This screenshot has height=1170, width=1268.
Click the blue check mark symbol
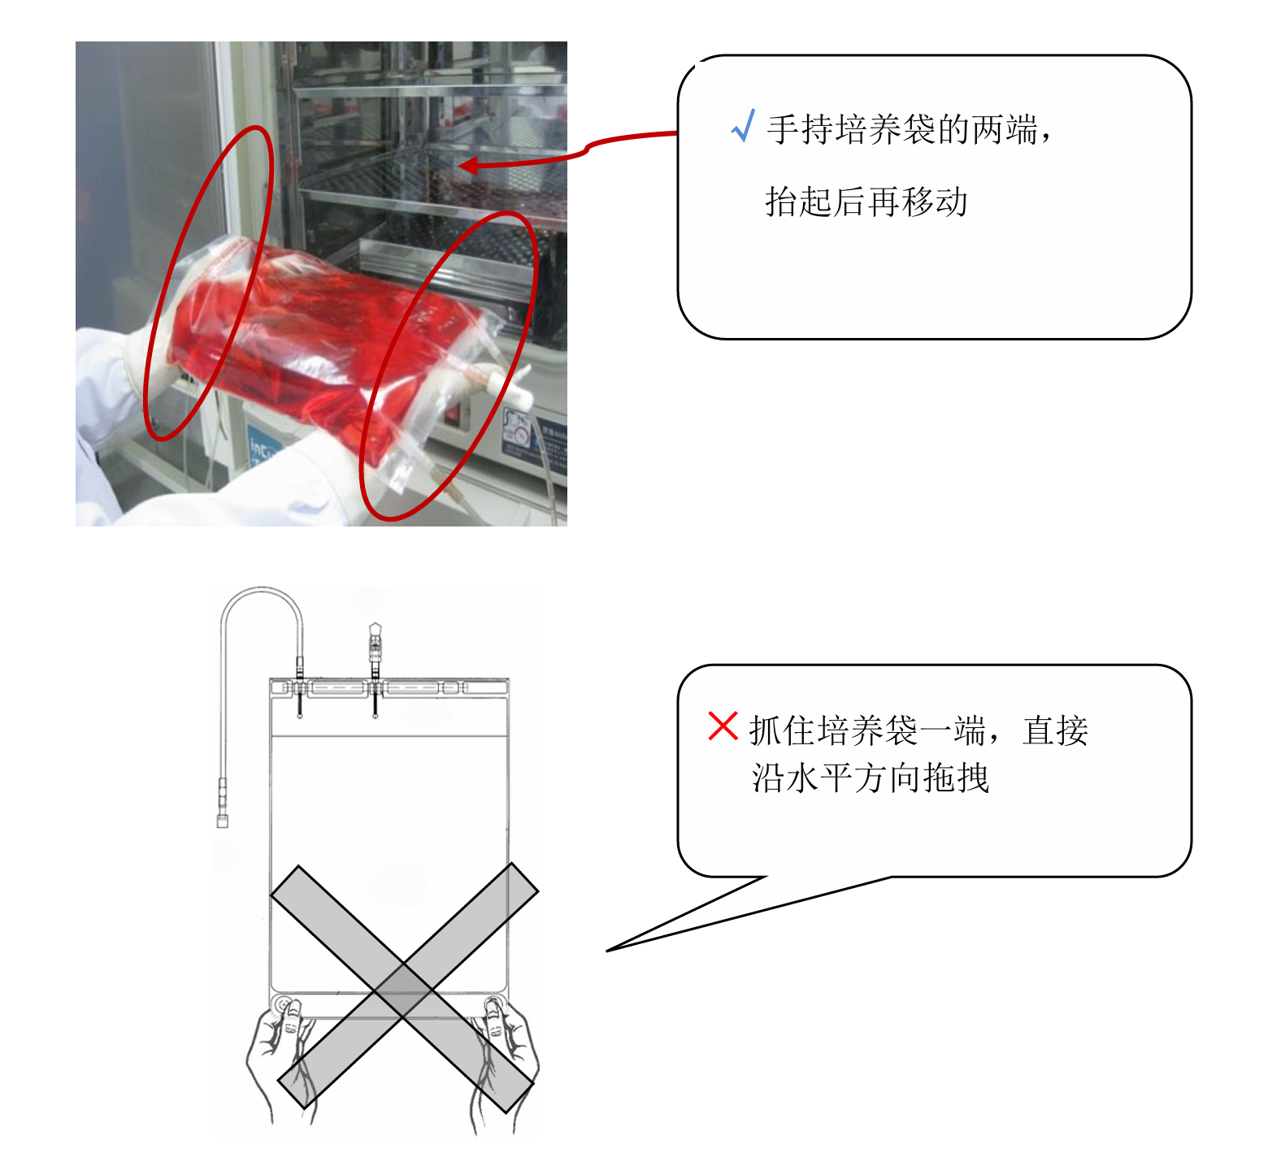(743, 127)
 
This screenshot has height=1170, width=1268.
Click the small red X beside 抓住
(723, 726)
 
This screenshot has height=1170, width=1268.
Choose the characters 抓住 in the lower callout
(782, 730)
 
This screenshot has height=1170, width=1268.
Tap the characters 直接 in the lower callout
(1056, 730)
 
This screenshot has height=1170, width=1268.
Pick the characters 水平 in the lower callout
(820, 778)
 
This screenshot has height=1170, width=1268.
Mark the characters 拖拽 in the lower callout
(957, 778)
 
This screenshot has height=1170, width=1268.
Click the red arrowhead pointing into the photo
(467, 167)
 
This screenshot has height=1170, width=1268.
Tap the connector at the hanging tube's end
(223, 804)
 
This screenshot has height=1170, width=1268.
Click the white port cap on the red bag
(512, 390)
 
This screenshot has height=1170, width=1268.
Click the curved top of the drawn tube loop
(261, 591)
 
